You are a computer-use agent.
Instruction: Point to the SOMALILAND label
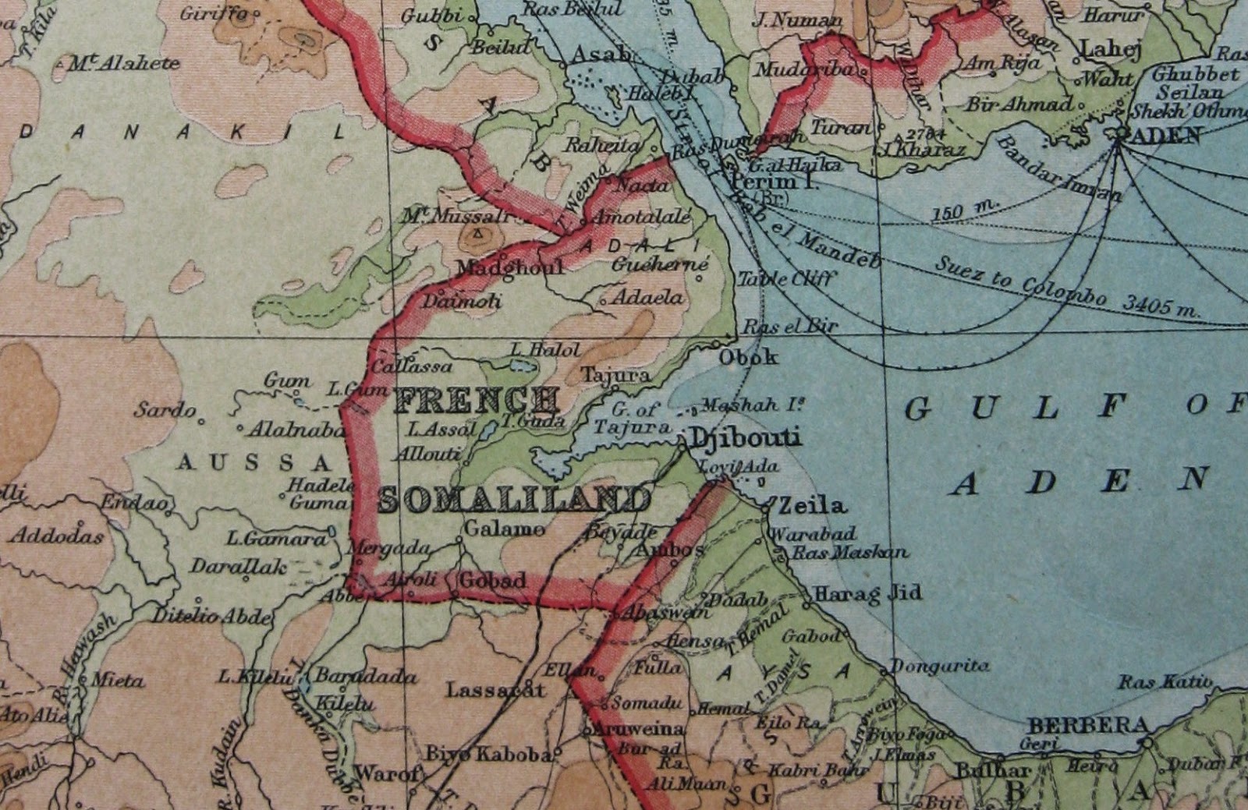(514, 499)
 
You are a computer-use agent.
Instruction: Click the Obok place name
(748, 357)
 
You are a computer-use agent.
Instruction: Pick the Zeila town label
(812, 505)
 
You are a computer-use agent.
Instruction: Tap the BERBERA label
(1089, 726)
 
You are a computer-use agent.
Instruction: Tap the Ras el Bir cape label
(789, 327)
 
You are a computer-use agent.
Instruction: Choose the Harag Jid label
(867, 593)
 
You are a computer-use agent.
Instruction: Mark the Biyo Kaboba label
(489, 754)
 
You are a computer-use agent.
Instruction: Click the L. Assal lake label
(441, 429)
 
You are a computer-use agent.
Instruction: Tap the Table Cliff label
(786, 278)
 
